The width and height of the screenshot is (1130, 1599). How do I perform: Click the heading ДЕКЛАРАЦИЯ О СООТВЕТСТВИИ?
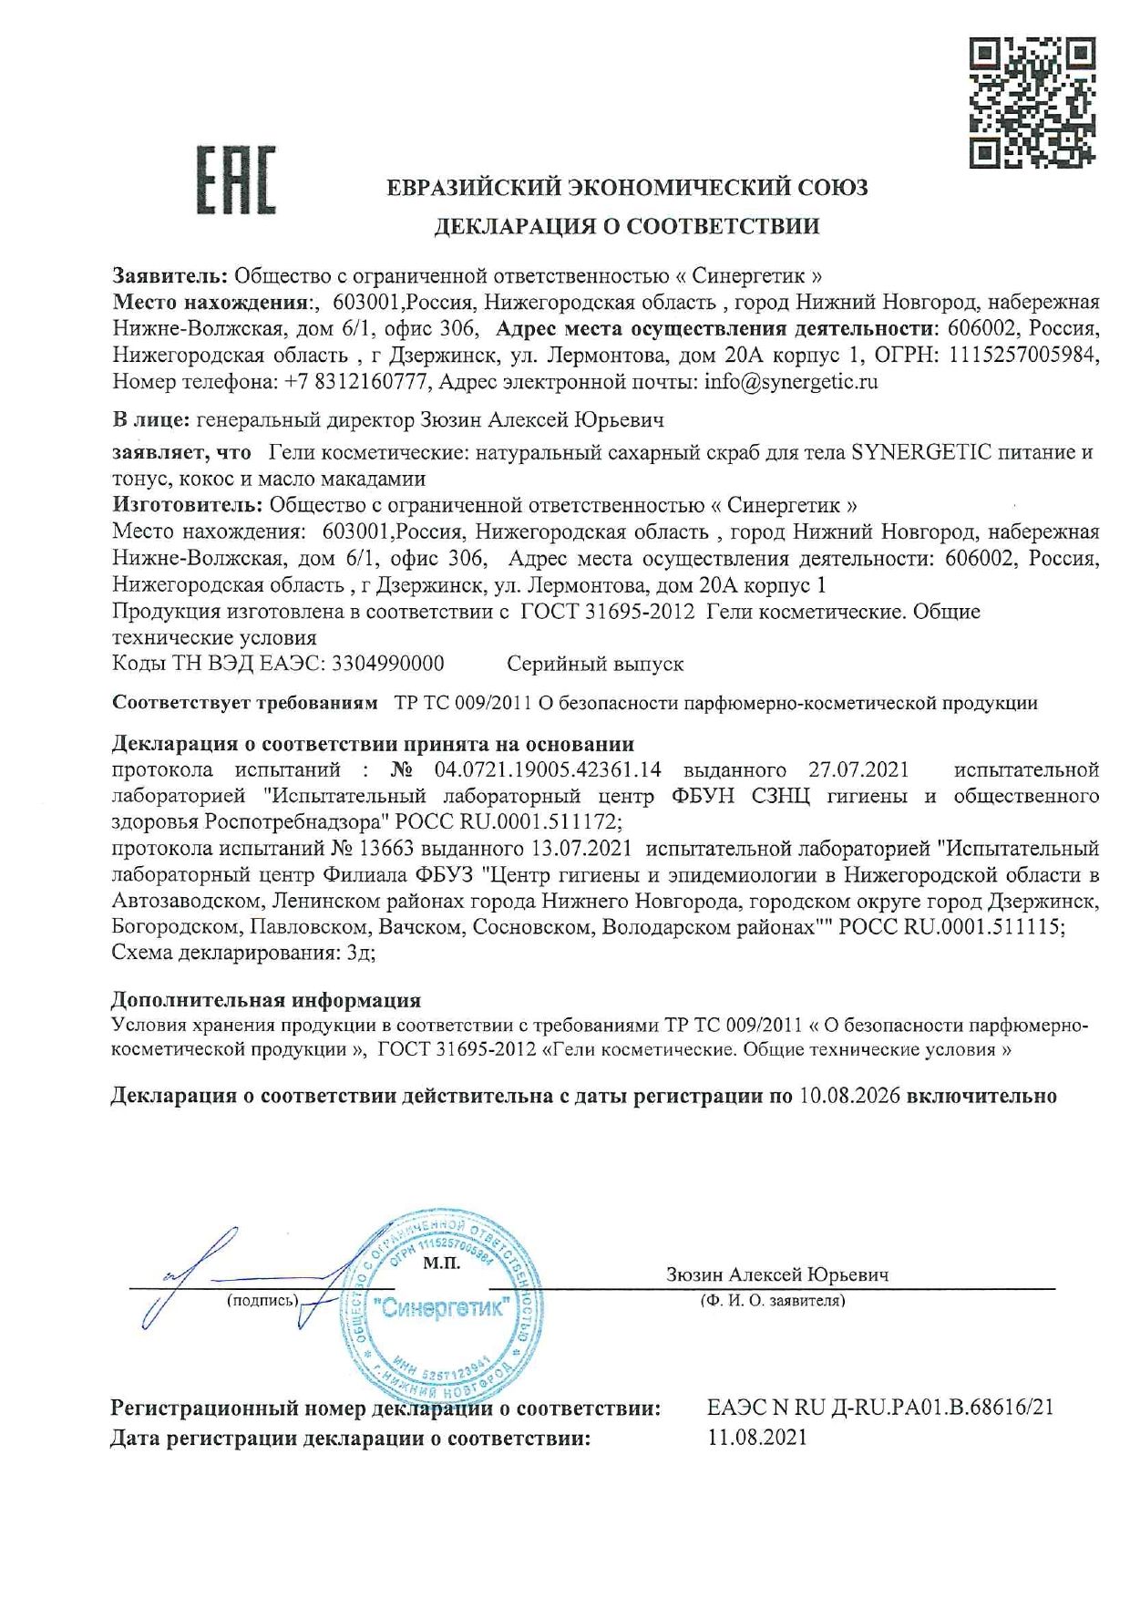click(x=626, y=226)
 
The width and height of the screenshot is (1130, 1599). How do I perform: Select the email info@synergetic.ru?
click(x=791, y=382)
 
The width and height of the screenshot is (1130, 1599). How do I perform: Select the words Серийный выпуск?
click(x=595, y=664)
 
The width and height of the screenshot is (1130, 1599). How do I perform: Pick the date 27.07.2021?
click(x=864, y=769)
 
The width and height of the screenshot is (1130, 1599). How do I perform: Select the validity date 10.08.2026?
click(x=849, y=1096)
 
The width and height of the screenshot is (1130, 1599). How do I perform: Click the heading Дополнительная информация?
click(x=266, y=1000)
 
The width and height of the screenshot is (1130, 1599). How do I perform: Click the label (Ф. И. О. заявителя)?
click(x=772, y=1301)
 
